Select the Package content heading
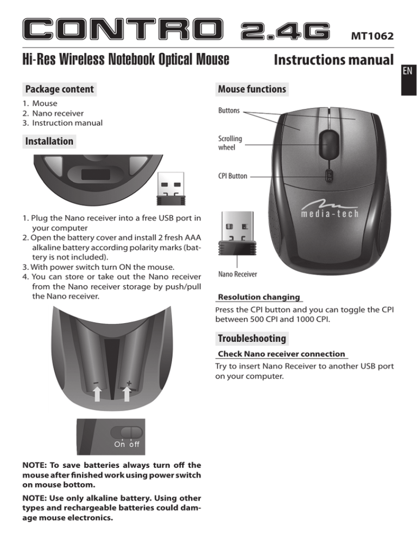point(59,89)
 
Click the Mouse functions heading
point(251,88)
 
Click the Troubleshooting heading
point(252,339)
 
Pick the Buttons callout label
point(229,111)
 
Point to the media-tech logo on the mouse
point(331,208)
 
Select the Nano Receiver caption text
point(237,274)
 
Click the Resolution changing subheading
point(258,298)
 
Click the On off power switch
point(126,432)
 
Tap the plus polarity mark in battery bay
point(129,383)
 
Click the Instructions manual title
point(333,60)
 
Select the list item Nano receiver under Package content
point(53,113)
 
